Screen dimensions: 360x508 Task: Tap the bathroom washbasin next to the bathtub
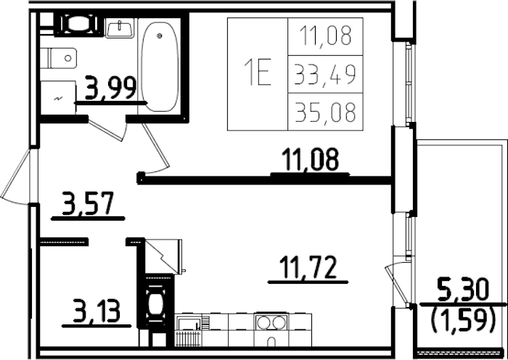pos(118,28)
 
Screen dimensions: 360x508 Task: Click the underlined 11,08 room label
pos(310,160)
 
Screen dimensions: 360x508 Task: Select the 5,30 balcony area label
pos(462,290)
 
